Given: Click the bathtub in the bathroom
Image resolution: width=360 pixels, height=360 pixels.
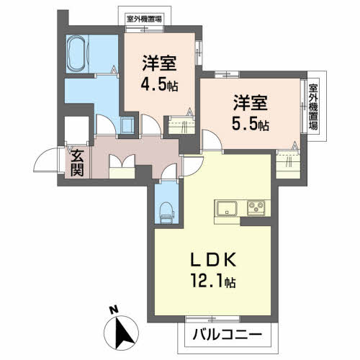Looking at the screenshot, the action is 78,54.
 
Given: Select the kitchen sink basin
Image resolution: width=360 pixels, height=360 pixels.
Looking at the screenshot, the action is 227,208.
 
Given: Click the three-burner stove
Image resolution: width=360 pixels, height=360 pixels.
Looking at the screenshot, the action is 256,207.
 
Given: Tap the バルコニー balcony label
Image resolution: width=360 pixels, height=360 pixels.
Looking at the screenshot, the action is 227,335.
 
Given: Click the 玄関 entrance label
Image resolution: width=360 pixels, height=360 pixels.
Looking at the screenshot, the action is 77,163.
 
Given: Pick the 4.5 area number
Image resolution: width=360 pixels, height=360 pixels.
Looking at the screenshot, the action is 153,85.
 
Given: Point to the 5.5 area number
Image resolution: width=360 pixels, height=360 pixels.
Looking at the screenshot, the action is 244,124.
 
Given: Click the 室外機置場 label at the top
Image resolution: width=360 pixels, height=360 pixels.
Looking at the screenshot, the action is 144,19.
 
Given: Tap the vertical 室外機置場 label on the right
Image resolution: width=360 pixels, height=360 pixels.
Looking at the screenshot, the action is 313,107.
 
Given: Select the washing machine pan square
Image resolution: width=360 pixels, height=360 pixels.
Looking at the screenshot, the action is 127,125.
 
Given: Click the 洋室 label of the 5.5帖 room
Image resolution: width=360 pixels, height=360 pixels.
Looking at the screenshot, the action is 251,103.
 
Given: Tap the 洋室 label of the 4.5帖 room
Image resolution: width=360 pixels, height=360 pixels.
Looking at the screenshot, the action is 159,63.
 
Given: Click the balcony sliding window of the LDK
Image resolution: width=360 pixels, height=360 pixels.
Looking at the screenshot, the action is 212,319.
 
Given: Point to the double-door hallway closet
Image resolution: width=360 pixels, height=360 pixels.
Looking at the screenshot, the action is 122,166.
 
